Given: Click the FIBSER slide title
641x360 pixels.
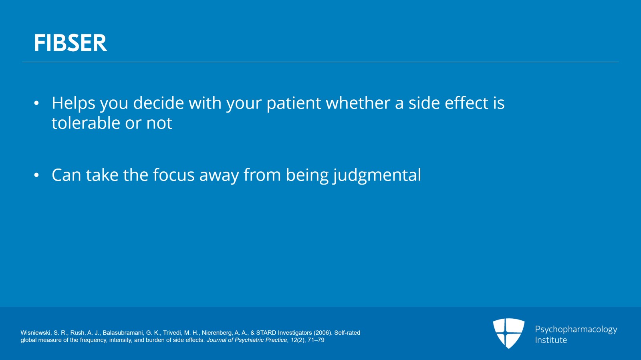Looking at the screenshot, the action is (71, 43).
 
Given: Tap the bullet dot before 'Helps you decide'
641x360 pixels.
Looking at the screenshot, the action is (36, 103).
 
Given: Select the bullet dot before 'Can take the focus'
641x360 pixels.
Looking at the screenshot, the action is (36, 175).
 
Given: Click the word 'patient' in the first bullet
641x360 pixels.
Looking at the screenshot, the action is (294, 103).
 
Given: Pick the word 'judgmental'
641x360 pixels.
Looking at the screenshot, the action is (377, 175).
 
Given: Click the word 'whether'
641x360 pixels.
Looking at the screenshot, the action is (358, 103).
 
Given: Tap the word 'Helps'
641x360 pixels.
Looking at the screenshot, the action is (73, 103).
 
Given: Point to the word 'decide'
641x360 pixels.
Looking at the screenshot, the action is (158, 103).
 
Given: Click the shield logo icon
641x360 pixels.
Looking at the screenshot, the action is (508, 333).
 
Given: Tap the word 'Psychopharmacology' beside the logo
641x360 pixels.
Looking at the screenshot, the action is (576, 330).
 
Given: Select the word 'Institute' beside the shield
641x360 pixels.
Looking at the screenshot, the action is (551, 340).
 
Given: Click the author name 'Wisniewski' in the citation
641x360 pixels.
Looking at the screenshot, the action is (36, 333).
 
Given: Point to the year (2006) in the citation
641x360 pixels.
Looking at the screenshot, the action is (323, 333).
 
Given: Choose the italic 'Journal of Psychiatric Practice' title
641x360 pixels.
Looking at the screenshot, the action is (247, 340).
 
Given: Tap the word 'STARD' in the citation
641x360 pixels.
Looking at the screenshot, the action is (266, 333).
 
